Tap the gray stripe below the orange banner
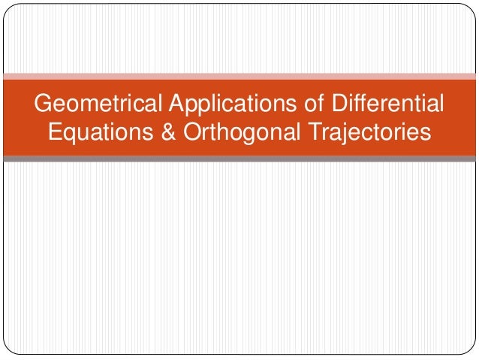click(239, 159)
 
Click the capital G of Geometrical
click(44, 102)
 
